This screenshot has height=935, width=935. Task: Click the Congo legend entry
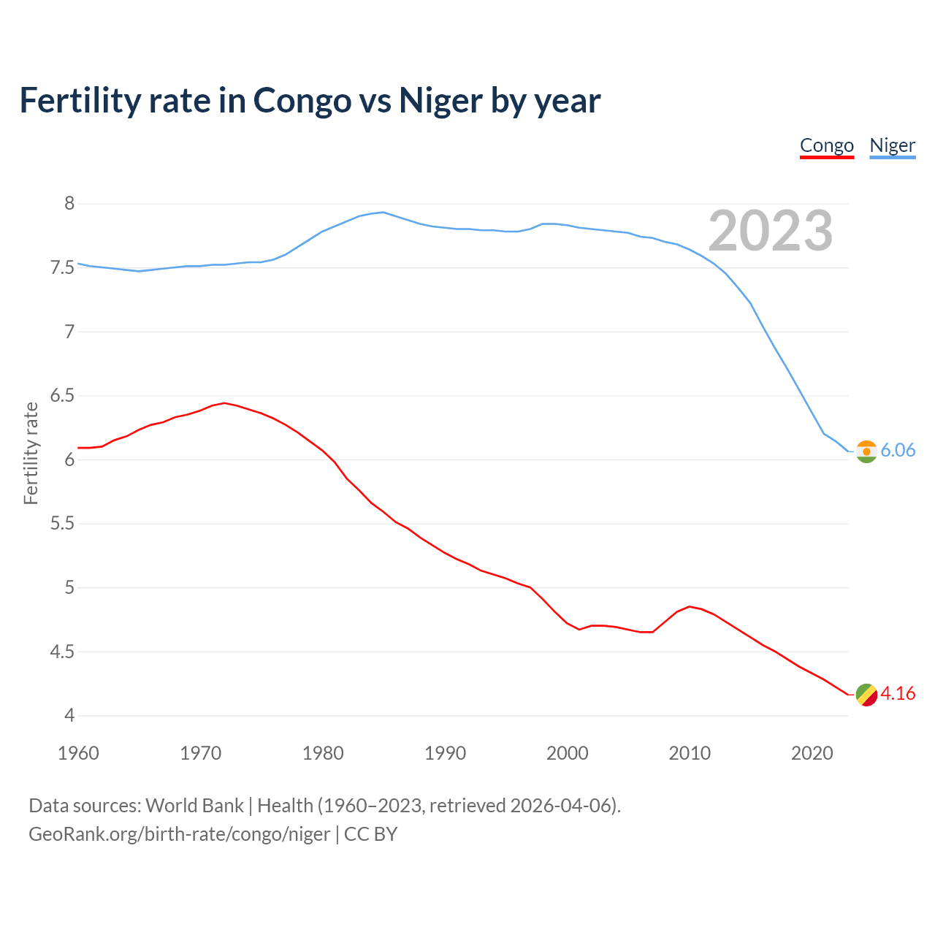(826, 145)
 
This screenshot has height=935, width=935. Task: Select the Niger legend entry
(892, 145)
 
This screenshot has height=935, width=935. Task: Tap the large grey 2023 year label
(771, 231)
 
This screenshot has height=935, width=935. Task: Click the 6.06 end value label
(898, 451)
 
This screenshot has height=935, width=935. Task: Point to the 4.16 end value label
(898, 694)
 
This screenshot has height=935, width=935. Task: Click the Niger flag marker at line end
(866, 451)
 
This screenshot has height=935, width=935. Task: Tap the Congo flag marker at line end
(866, 695)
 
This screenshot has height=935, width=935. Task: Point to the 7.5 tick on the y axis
(62, 268)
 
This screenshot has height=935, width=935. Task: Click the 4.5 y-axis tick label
(62, 652)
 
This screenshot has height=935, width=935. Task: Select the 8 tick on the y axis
(69, 204)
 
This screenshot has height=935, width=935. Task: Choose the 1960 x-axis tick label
(78, 753)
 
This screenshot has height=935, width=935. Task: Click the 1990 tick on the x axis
(445, 753)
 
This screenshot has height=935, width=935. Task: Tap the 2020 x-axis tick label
(812, 753)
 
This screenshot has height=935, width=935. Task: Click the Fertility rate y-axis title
(31, 453)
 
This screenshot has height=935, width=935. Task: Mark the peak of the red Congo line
(224, 402)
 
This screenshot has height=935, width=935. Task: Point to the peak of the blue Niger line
(383, 212)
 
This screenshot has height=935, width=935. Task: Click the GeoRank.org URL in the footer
(179, 834)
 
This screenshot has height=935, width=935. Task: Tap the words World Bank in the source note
(194, 806)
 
